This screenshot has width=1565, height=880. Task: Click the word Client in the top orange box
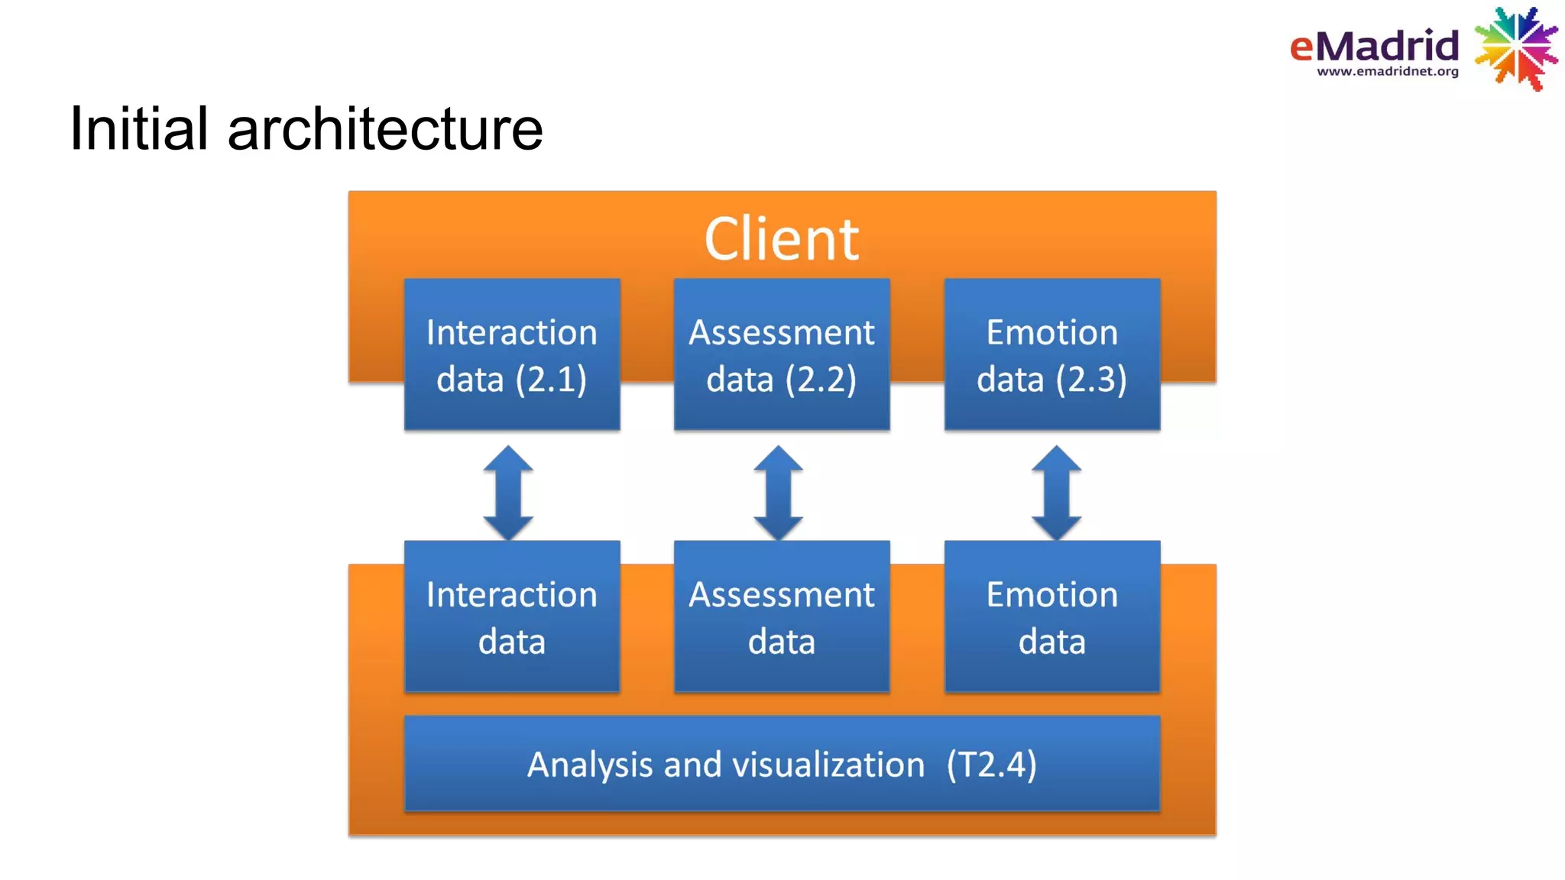(781, 239)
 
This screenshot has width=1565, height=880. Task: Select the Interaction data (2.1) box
(511, 354)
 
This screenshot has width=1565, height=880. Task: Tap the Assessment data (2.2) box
(781, 354)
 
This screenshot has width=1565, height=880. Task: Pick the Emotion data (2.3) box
(1051, 354)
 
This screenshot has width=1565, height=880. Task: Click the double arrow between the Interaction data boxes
(508, 493)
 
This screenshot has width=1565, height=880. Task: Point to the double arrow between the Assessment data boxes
(778, 493)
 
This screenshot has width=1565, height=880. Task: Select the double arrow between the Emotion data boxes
(1056, 493)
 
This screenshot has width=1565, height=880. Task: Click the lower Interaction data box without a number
(511, 616)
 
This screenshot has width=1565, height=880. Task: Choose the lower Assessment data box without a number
(781, 616)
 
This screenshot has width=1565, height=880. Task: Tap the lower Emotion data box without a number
(1051, 616)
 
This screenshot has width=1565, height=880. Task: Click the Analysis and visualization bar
(781, 763)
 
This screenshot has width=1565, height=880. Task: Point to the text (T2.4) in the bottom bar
(991, 765)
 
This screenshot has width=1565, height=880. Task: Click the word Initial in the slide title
(138, 128)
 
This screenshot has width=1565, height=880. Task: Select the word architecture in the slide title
(385, 128)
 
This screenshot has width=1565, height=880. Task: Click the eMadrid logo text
(1374, 46)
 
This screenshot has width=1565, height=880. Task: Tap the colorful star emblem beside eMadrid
(1516, 47)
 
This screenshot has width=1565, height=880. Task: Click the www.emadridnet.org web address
(1387, 72)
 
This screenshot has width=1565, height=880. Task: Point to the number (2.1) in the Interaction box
(551, 380)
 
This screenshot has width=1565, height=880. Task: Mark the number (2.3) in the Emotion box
(1091, 380)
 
